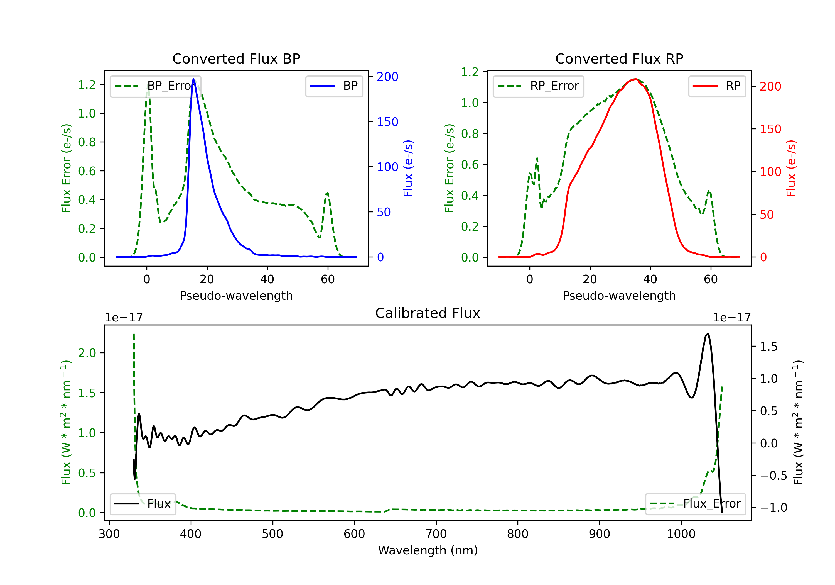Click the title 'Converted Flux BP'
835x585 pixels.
pyautogui.click(x=236, y=58)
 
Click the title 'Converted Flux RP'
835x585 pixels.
pyautogui.click(x=619, y=58)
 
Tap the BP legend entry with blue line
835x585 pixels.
pyautogui.click(x=334, y=86)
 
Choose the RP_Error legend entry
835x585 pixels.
pyautogui.click(x=538, y=86)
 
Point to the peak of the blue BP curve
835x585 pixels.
pyautogui.click(x=193, y=79)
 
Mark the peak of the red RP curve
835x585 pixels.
pyautogui.click(x=635, y=79)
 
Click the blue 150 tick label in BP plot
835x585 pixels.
pyautogui.click(x=387, y=122)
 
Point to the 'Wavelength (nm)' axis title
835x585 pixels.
pyautogui.click(x=428, y=550)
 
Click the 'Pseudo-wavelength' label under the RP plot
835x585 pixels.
pyautogui.click(x=619, y=296)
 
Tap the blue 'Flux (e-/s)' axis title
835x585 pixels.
pyautogui.click(x=408, y=168)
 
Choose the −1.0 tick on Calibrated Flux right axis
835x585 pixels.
pyautogui.click(x=773, y=508)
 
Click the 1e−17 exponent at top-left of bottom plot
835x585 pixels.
pyautogui.click(x=124, y=318)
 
